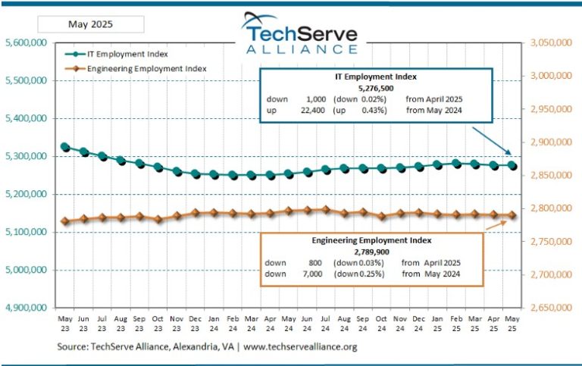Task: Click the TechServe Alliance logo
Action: pos(302,34)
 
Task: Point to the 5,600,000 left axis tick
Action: pos(27,43)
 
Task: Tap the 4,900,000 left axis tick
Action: pos(27,308)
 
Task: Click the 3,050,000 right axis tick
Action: pos(550,43)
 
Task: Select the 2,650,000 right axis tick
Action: pos(550,308)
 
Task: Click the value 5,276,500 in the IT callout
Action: pos(377,88)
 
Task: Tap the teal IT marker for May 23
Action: pos(65,147)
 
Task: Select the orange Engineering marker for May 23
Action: pos(65,221)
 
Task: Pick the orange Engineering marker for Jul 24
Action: pos(326,209)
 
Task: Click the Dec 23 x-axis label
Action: pos(196,323)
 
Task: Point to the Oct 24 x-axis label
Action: pos(382,323)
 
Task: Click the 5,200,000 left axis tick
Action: pos(27,195)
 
